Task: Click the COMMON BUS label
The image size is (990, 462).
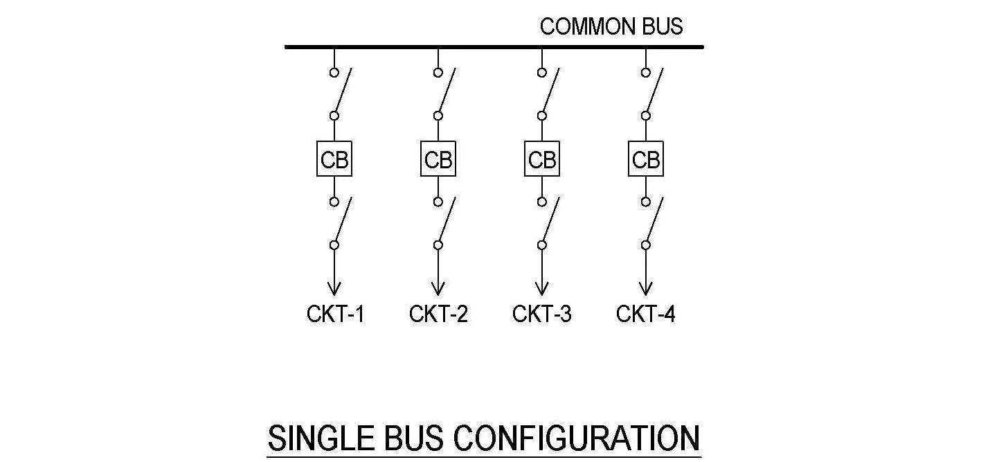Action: click(x=611, y=26)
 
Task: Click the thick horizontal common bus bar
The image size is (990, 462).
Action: click(x=494, y=46)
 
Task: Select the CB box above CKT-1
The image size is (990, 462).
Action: click(x=334, y=159)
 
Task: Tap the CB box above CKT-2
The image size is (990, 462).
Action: click(x=438, y=159)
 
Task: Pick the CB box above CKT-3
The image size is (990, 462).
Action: click(x=542, y=159)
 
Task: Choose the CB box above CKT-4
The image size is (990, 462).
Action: click(x=646, y=159)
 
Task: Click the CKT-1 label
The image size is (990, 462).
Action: click(x=336, y=314)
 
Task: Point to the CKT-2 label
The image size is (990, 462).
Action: click(x=438, y=314)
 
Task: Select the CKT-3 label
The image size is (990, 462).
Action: click(x=542, y=314)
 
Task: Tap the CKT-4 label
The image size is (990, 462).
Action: click(x=646, y=314)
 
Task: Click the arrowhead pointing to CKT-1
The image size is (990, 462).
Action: click(x=334, y=289)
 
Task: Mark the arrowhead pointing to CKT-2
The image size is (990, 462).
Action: click(x=438, y=289)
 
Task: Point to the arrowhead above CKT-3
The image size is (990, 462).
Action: click(x=542, y=289)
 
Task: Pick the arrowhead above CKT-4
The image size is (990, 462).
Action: click(x=646, y=289)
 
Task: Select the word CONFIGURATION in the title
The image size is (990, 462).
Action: click(x=576, y=438)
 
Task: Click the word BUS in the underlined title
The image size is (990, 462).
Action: click(x=414, y=438)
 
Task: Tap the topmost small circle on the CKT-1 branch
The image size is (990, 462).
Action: click(x=334, y=73)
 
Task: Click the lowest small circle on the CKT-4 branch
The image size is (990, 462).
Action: click(x=646, y=245)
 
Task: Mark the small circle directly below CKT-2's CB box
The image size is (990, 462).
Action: click(x=438, y=202)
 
